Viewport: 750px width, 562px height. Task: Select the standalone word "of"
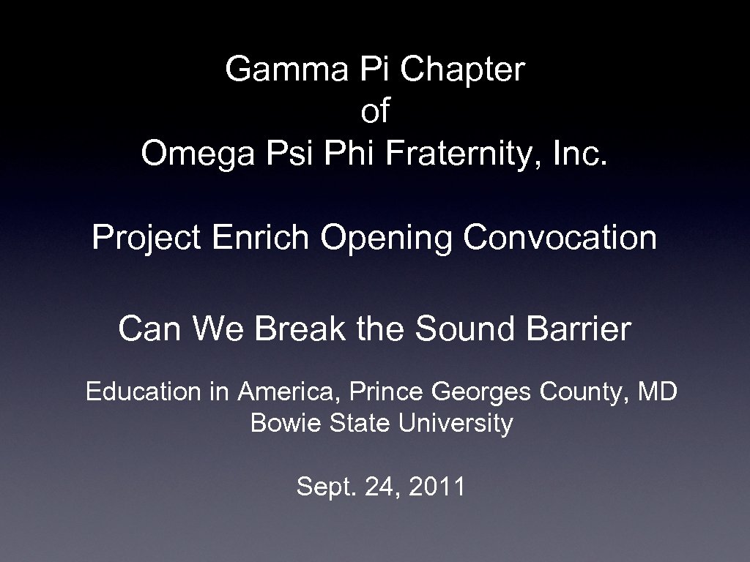[x=375, y=112]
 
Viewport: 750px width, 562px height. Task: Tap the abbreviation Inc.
[x=582, y=154]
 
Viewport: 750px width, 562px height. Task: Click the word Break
[x=300, y=329]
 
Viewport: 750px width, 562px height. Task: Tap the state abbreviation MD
[x=657, y=391]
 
